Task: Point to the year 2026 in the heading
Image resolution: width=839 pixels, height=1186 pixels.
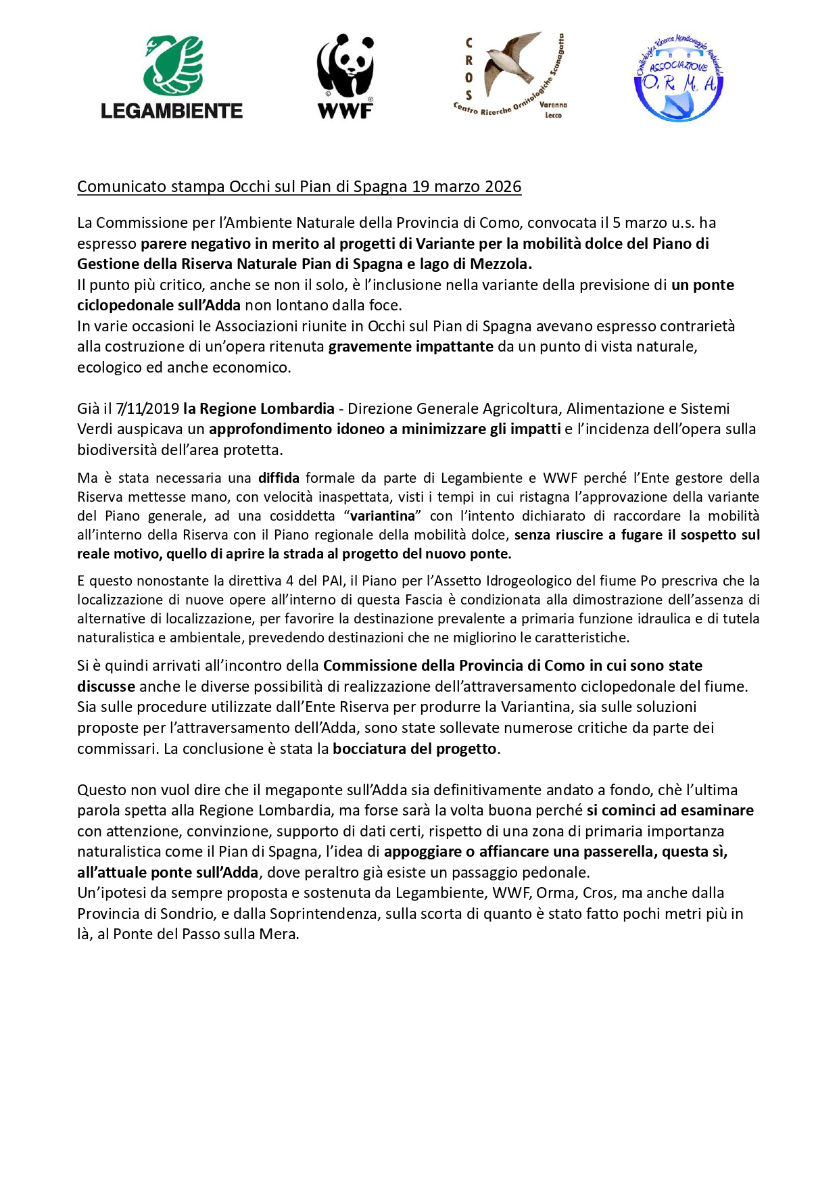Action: [x=503, y=187]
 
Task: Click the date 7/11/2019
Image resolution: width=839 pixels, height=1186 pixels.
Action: [x=148, y=408]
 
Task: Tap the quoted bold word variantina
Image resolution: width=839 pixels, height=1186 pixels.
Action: [x=383, y=516]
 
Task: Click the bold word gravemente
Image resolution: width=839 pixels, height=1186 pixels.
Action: [x=370, y=347]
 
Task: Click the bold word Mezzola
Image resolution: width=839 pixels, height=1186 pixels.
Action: [x=500, y=264]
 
